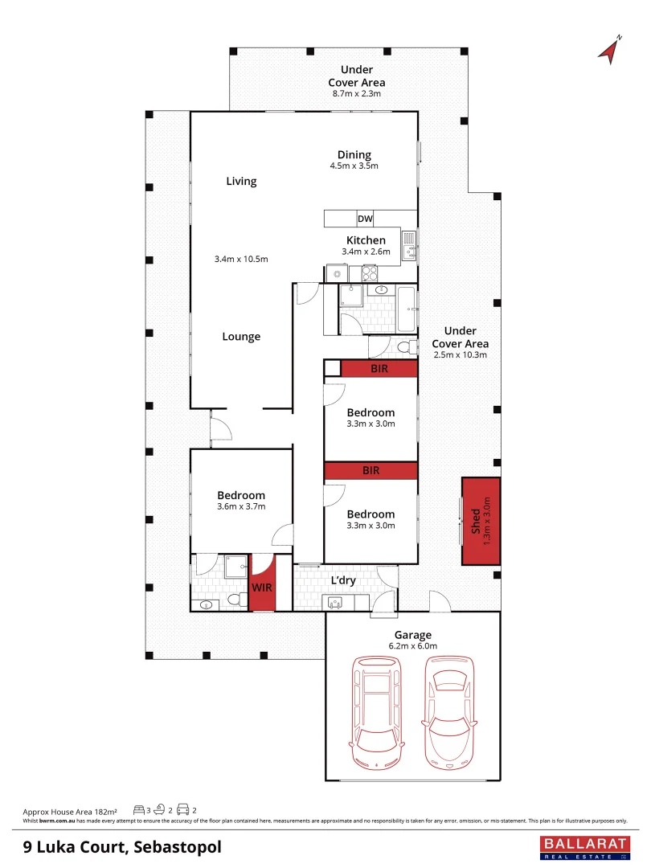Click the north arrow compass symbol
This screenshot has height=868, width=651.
610,49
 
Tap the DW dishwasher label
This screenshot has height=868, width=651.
365,219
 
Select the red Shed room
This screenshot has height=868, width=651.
481,521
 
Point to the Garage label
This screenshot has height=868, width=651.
412,634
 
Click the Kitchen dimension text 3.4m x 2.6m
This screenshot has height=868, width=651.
366,252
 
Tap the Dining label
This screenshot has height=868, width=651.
354,155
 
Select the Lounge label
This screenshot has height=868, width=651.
241,337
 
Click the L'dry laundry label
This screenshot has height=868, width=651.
343,580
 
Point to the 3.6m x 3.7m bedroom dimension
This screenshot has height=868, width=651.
241,507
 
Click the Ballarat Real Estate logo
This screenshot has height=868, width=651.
583,847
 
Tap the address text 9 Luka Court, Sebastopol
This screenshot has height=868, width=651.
122,846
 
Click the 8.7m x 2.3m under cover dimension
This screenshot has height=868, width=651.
356,94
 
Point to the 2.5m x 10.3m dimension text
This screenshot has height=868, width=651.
460,354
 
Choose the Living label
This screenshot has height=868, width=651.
241,181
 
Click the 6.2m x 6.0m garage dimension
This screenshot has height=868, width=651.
412,645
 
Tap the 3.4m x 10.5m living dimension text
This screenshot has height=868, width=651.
241,259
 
